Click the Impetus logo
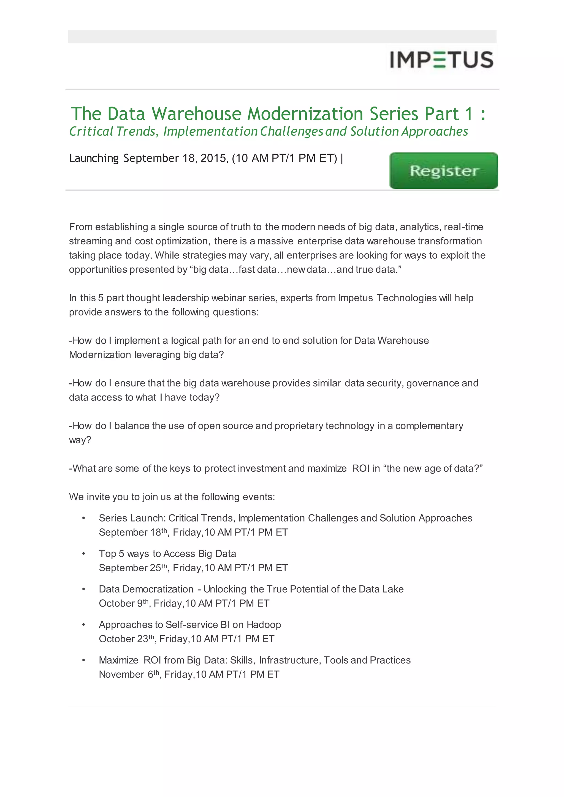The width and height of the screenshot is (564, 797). [441, 59]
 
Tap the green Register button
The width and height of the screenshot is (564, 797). [443, 171]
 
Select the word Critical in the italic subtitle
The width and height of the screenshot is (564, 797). [91, 132]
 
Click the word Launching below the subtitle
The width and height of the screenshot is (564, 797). [94, 158]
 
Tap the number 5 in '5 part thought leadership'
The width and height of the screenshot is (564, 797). [101, 298]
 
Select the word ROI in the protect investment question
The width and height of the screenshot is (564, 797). [360, 469]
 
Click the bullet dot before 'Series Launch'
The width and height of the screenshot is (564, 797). [84, 518]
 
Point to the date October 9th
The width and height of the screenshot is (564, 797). [124, 604]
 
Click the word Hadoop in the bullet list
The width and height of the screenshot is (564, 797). [264, 625]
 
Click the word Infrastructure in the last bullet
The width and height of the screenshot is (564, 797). [289, 660]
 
